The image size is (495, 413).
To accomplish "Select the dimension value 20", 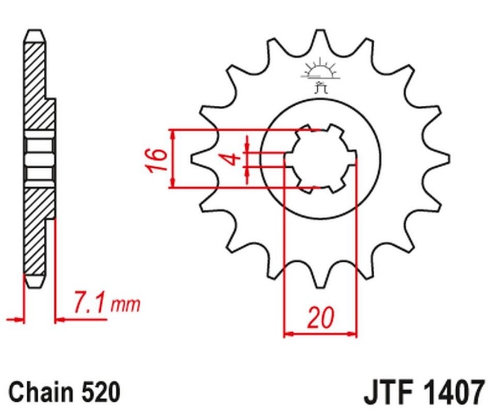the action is click(320, 317).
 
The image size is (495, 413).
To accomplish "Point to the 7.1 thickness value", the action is click(89, 302).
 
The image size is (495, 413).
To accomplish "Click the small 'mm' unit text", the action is click(125, 305).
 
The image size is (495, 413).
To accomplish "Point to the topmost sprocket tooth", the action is click(320, 40).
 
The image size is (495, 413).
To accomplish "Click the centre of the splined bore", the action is click(321, 159).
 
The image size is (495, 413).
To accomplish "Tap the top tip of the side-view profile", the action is click(35, 30).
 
